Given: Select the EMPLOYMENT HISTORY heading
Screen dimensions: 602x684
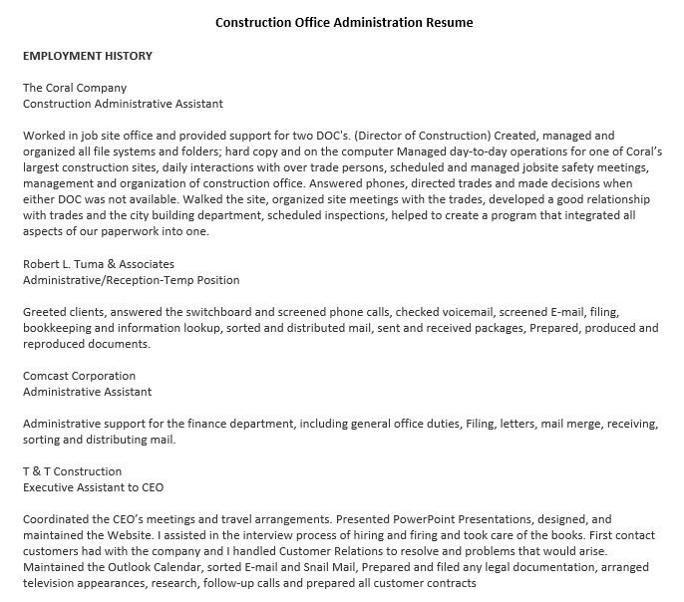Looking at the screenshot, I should tap(87, 57).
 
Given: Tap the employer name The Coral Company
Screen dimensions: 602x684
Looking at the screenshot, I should tap(75, 88).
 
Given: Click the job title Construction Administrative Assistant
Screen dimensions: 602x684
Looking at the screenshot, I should tap(123, 103).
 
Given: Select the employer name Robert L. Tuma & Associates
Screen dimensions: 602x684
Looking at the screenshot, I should tap(99, 264).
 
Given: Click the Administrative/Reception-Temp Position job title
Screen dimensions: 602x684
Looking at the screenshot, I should tap(131, 280).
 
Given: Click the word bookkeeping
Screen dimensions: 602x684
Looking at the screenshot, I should tap(57, 328).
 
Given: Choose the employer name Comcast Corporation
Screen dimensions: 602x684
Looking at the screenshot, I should tap(79, 376).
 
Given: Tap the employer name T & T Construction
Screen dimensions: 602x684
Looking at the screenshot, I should tap(72, 471).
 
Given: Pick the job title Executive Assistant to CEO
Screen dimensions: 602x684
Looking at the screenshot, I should tap(93, 487).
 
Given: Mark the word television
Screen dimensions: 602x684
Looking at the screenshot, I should tap(50, 583).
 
